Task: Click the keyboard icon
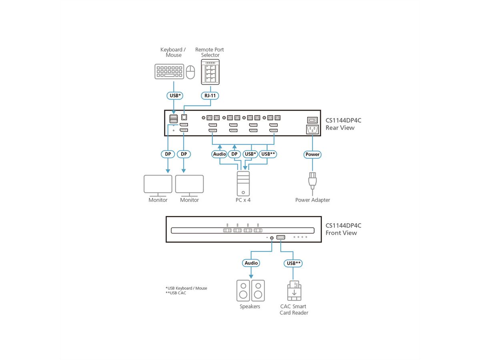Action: coord(170,72)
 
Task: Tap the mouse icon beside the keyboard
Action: coord(190,72)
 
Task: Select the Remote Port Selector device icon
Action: coord(210,72)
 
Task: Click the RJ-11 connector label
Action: coord(210,96)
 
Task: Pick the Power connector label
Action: coord(312,154)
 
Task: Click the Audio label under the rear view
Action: coord(220,154)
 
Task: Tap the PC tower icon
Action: coord(243,183)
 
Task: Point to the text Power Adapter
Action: coord(312,200)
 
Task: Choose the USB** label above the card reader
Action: coord(294,263)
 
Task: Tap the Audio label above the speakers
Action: coord(251,263)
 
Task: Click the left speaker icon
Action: coord(243,290)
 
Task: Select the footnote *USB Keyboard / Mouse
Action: coord(186,288)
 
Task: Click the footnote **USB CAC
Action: coord(176,293)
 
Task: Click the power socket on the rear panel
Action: coord(312,129)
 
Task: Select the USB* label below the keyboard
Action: coord(174,96)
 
